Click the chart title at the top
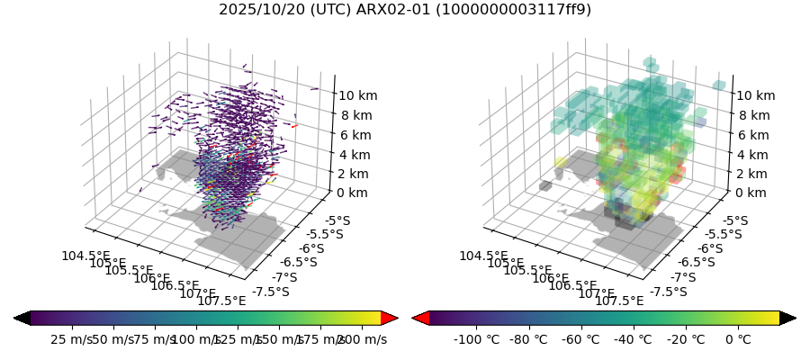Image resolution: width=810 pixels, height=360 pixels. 405,10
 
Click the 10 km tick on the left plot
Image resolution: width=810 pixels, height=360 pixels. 358,95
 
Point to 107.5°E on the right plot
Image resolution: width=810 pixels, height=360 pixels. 620,301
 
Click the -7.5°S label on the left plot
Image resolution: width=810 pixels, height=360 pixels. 271,292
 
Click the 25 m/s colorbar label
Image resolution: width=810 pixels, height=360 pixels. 71,339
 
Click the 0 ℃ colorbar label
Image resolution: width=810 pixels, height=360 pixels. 737,339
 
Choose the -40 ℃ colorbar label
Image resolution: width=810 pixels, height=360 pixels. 633,339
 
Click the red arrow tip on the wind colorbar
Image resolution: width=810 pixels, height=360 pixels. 390,318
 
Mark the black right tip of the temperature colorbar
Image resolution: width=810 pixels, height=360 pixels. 787,318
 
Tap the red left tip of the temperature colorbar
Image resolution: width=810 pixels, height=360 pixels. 420,318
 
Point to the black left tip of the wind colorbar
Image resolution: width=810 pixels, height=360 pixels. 22,318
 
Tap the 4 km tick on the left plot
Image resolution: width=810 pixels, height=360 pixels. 355,155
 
